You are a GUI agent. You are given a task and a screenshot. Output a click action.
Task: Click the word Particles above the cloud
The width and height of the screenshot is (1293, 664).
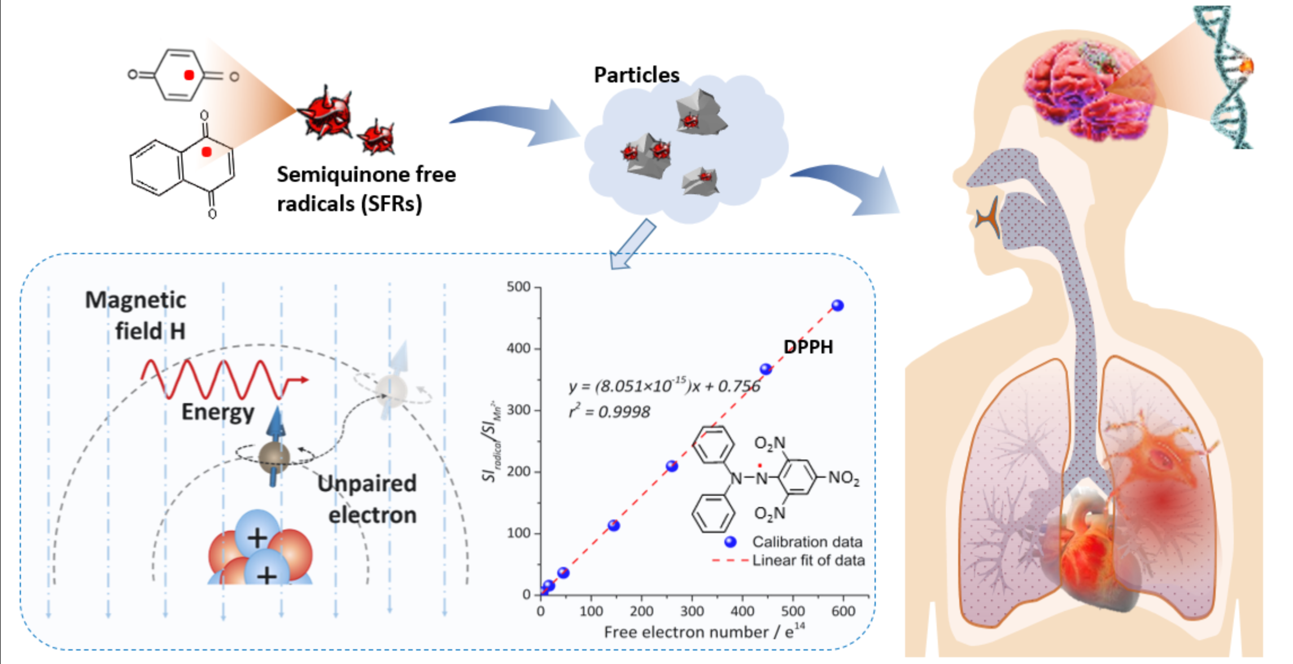(636, 75)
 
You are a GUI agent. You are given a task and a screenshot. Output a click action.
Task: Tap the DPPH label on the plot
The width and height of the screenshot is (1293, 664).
(808, 347)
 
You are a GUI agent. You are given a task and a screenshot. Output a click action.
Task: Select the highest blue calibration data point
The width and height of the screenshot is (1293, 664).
(837, 305)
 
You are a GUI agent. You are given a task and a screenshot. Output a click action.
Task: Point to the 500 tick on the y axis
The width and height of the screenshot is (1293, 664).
(519, 287)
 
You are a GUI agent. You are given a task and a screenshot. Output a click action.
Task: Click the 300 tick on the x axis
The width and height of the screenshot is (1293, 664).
(692, 611)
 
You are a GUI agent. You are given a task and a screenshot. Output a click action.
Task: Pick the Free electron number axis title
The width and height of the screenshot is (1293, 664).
(704, 632)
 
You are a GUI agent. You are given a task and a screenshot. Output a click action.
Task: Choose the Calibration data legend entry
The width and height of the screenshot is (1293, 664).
(806, 542)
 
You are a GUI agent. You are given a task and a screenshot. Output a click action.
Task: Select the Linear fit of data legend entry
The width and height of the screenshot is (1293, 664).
(807, 561)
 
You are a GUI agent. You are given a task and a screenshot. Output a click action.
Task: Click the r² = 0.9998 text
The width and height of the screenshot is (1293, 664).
(609, 412)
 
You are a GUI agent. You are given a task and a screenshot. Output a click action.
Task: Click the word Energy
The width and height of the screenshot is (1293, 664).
(218, 412)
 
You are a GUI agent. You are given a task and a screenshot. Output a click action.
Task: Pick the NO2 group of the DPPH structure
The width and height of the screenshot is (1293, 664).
(844, 478)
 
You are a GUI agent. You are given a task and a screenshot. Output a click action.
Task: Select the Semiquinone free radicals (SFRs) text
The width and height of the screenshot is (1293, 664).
(366, 189)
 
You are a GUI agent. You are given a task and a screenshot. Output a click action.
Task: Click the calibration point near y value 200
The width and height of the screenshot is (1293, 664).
(672, 466)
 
